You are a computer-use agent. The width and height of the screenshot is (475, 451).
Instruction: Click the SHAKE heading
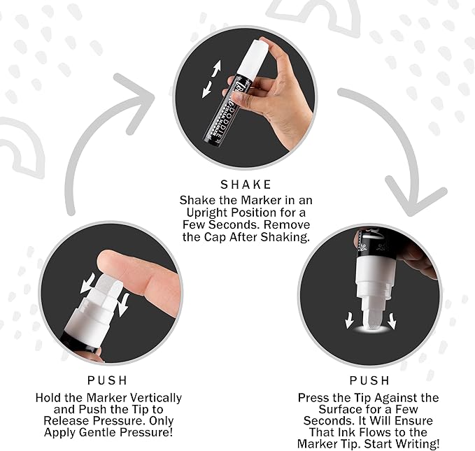[246, 185]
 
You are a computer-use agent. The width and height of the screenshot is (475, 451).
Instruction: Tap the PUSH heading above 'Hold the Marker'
[108, 380]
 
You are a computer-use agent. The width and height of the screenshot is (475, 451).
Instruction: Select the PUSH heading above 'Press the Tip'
[369, 380]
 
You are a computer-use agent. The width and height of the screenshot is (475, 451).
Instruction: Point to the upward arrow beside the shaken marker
[216, 69]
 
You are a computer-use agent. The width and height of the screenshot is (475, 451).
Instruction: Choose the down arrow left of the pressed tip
[349, 321]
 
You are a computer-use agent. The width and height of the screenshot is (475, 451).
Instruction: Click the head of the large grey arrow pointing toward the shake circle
[136, 100]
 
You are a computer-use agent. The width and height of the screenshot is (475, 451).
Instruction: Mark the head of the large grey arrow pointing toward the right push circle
[415, 197]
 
